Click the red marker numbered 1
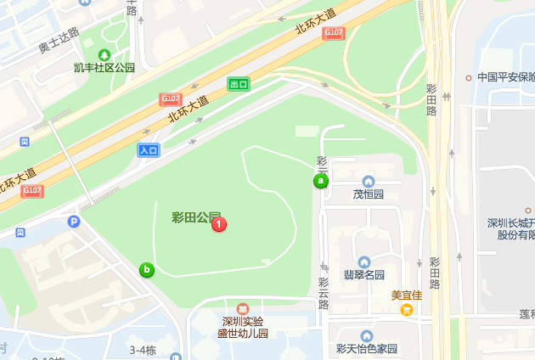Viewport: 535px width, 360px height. click(x=218, y=224)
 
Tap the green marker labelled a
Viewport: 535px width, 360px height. click(x=321, y=181)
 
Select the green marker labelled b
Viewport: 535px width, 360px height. click(x=147, y=270)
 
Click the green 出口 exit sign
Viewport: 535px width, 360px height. click(x=239, y=83)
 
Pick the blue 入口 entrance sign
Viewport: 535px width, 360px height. click(x=149, y=150)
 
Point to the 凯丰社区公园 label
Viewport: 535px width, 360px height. click(x=104, y=68)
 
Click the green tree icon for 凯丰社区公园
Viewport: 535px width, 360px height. click(x=104, y=54)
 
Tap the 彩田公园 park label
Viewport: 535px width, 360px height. click(x=190, y=217)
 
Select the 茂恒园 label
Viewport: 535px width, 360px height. click(x=369, y=194)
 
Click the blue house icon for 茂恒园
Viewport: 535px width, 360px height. click(x=369, y=181)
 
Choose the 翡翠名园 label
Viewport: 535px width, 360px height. click(x=364, y=275)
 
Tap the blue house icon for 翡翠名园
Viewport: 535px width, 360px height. click(x=364, y=262)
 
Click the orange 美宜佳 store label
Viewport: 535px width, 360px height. click(x=407, y=295)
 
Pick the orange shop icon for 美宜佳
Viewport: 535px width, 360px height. click(x=407, y=309)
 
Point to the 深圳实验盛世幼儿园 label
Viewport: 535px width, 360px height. click(x=243, y=327)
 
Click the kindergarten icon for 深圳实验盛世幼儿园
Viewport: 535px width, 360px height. click(x=243, y=308)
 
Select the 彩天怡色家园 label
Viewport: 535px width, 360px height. click(x=367, y=348)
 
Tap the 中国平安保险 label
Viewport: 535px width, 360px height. click(x=505, y=77)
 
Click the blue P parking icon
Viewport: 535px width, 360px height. click(x=74, y=222)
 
